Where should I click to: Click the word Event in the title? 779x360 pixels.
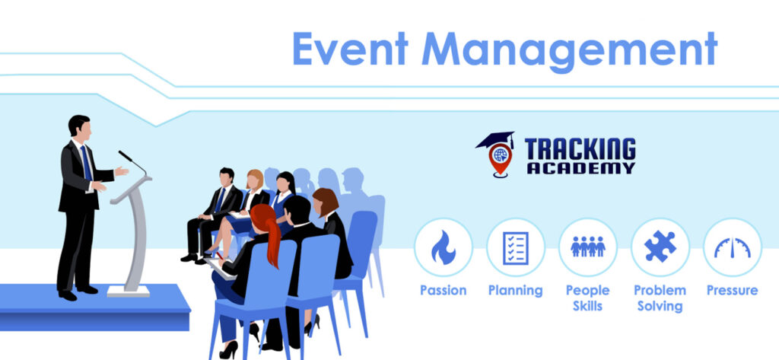coord(350,49)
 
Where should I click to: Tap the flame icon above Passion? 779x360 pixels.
coord(444,247)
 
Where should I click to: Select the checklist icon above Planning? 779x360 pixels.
coord(516,247)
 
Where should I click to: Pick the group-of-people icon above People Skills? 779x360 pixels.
coord(588,247)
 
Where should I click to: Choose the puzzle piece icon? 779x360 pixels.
coord(660,247)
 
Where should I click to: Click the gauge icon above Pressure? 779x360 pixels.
coord(733,247)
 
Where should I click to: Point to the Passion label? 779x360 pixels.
coord(444,291)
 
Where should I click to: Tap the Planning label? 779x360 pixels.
coord(515,291)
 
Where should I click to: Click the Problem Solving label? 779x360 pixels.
coord(660,298)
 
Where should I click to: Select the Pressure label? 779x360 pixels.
coord(733,291)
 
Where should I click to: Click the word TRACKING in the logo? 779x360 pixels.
coord(580,150)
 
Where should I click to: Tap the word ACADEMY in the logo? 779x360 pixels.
coord(581,168)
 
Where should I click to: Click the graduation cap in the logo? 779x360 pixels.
coord(494,140)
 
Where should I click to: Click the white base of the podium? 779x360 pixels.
coord(129,291)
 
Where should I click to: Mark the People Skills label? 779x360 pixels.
coord(588,298)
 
